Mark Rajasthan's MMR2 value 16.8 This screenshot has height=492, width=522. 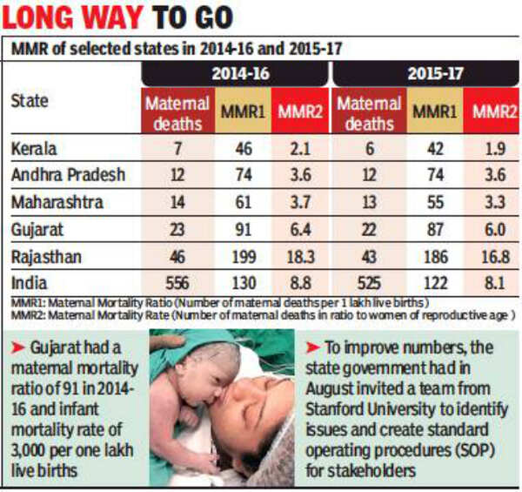[x=490, y=258]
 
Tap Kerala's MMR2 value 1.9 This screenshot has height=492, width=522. [x=490, y=149]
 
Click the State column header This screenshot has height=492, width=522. [x=30, y=101]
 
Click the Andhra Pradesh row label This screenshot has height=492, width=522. [x=68, y=176]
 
